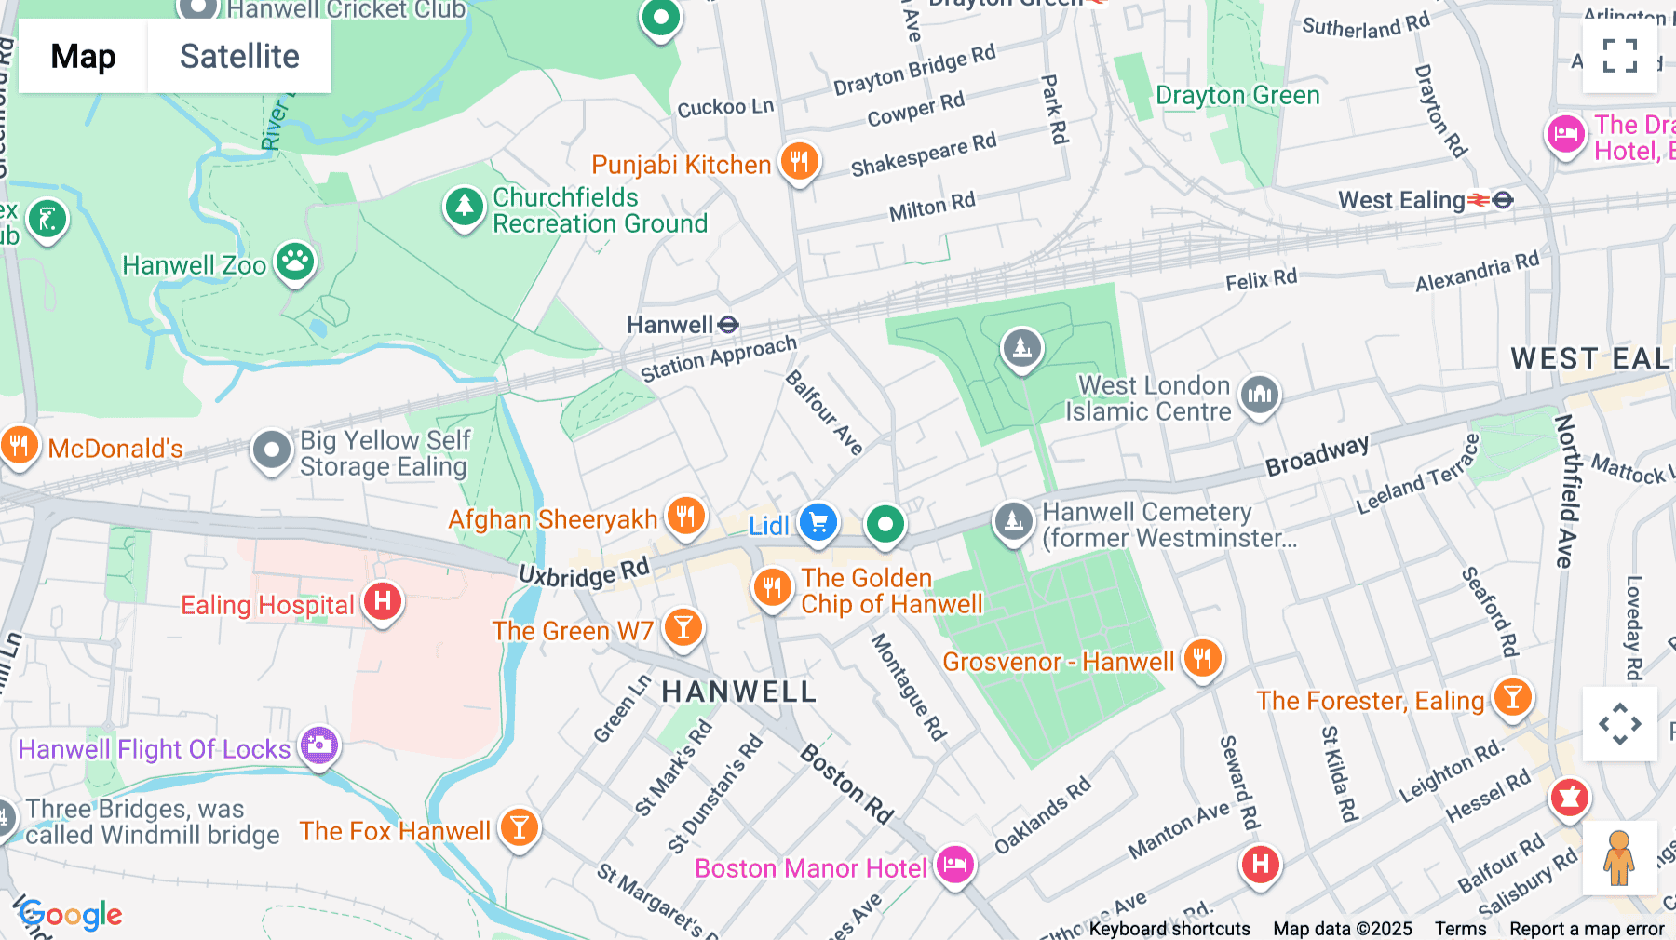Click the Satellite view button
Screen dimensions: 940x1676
[239, 57]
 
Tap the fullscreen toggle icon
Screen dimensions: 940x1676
[1619, 56]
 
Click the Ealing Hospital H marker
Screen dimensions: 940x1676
[382, 602]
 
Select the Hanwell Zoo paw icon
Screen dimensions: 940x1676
[295, 262]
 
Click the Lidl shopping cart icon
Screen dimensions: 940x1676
[818, 522]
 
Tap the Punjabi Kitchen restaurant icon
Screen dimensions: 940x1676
[799, 162]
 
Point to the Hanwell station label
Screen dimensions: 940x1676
[670, 325]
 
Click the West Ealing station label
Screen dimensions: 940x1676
[1401, 200]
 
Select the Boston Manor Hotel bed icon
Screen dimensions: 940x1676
[954, 865]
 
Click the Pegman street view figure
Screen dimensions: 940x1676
[1619, 858]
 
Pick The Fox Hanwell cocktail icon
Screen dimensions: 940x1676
[519, 826]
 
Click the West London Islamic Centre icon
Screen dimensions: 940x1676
[1259, 395]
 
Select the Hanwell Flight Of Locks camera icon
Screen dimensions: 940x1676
[319, 745]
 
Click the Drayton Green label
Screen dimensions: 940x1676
[1237, 96]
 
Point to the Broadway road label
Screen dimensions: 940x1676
[1317, 455]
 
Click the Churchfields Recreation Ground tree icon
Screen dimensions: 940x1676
[464, 207]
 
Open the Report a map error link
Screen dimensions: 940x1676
[1587, 929]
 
